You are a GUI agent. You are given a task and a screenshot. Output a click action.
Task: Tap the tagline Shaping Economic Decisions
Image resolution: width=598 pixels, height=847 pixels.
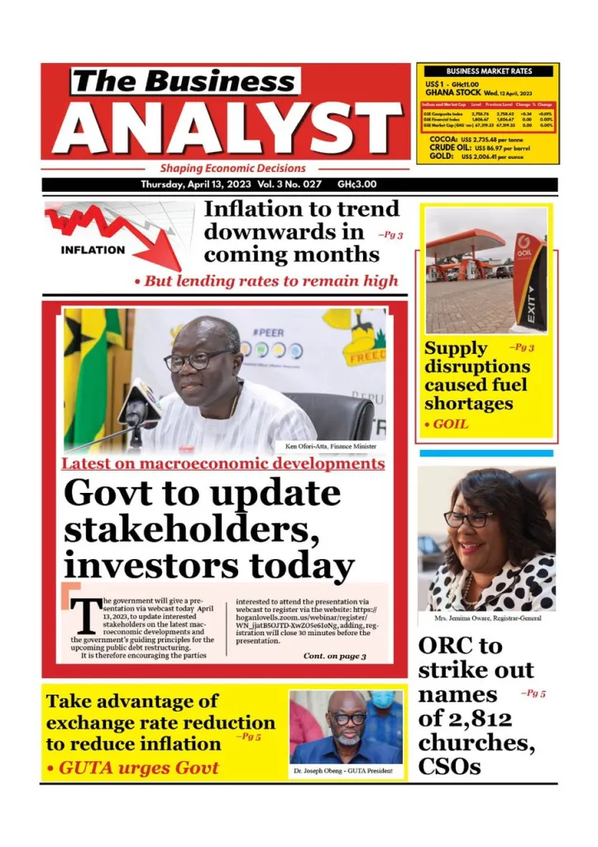click(232, 168)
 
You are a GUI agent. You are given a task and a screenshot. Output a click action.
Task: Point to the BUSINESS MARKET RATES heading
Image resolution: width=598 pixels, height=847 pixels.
click(488, 72)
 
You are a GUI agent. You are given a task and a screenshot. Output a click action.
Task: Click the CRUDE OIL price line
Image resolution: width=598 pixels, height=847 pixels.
click(488, 148)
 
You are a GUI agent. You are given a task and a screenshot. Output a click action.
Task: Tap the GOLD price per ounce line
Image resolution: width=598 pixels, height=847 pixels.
click(488, 156)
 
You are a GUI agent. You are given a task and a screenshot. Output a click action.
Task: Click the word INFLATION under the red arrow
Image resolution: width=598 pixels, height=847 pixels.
click(93, 249)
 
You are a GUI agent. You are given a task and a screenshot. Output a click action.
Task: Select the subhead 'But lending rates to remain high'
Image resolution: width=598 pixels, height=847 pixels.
click(270, 281)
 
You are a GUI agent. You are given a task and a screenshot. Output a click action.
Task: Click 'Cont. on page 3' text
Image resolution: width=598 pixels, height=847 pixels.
click(334, 656)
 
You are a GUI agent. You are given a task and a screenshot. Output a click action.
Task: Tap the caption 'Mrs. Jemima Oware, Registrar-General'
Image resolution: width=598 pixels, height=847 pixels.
click(487, 618)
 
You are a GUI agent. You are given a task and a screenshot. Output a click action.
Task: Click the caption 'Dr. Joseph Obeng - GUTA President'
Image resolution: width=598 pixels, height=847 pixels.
click(347, 771)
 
